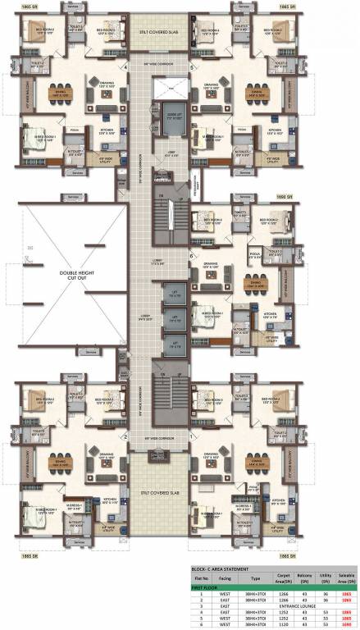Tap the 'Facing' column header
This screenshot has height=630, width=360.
[x=226, y=579]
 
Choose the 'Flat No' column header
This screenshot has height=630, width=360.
[x=201, y=579]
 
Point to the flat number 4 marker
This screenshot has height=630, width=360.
[x=125, y=67]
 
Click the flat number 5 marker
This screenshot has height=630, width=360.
[x=190, y=67]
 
